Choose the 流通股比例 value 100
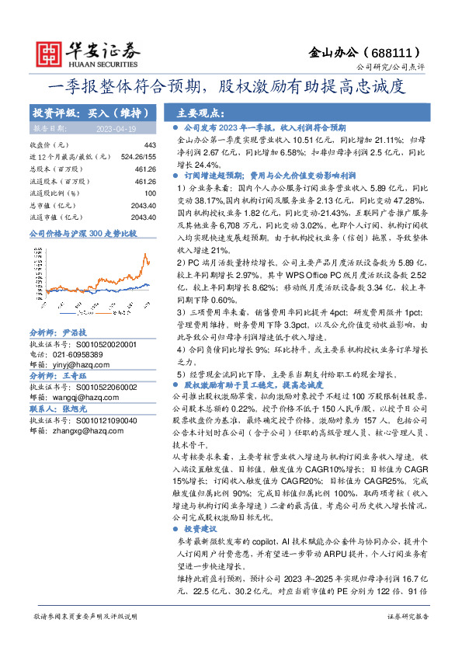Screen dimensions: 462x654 [x=151, y=193]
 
